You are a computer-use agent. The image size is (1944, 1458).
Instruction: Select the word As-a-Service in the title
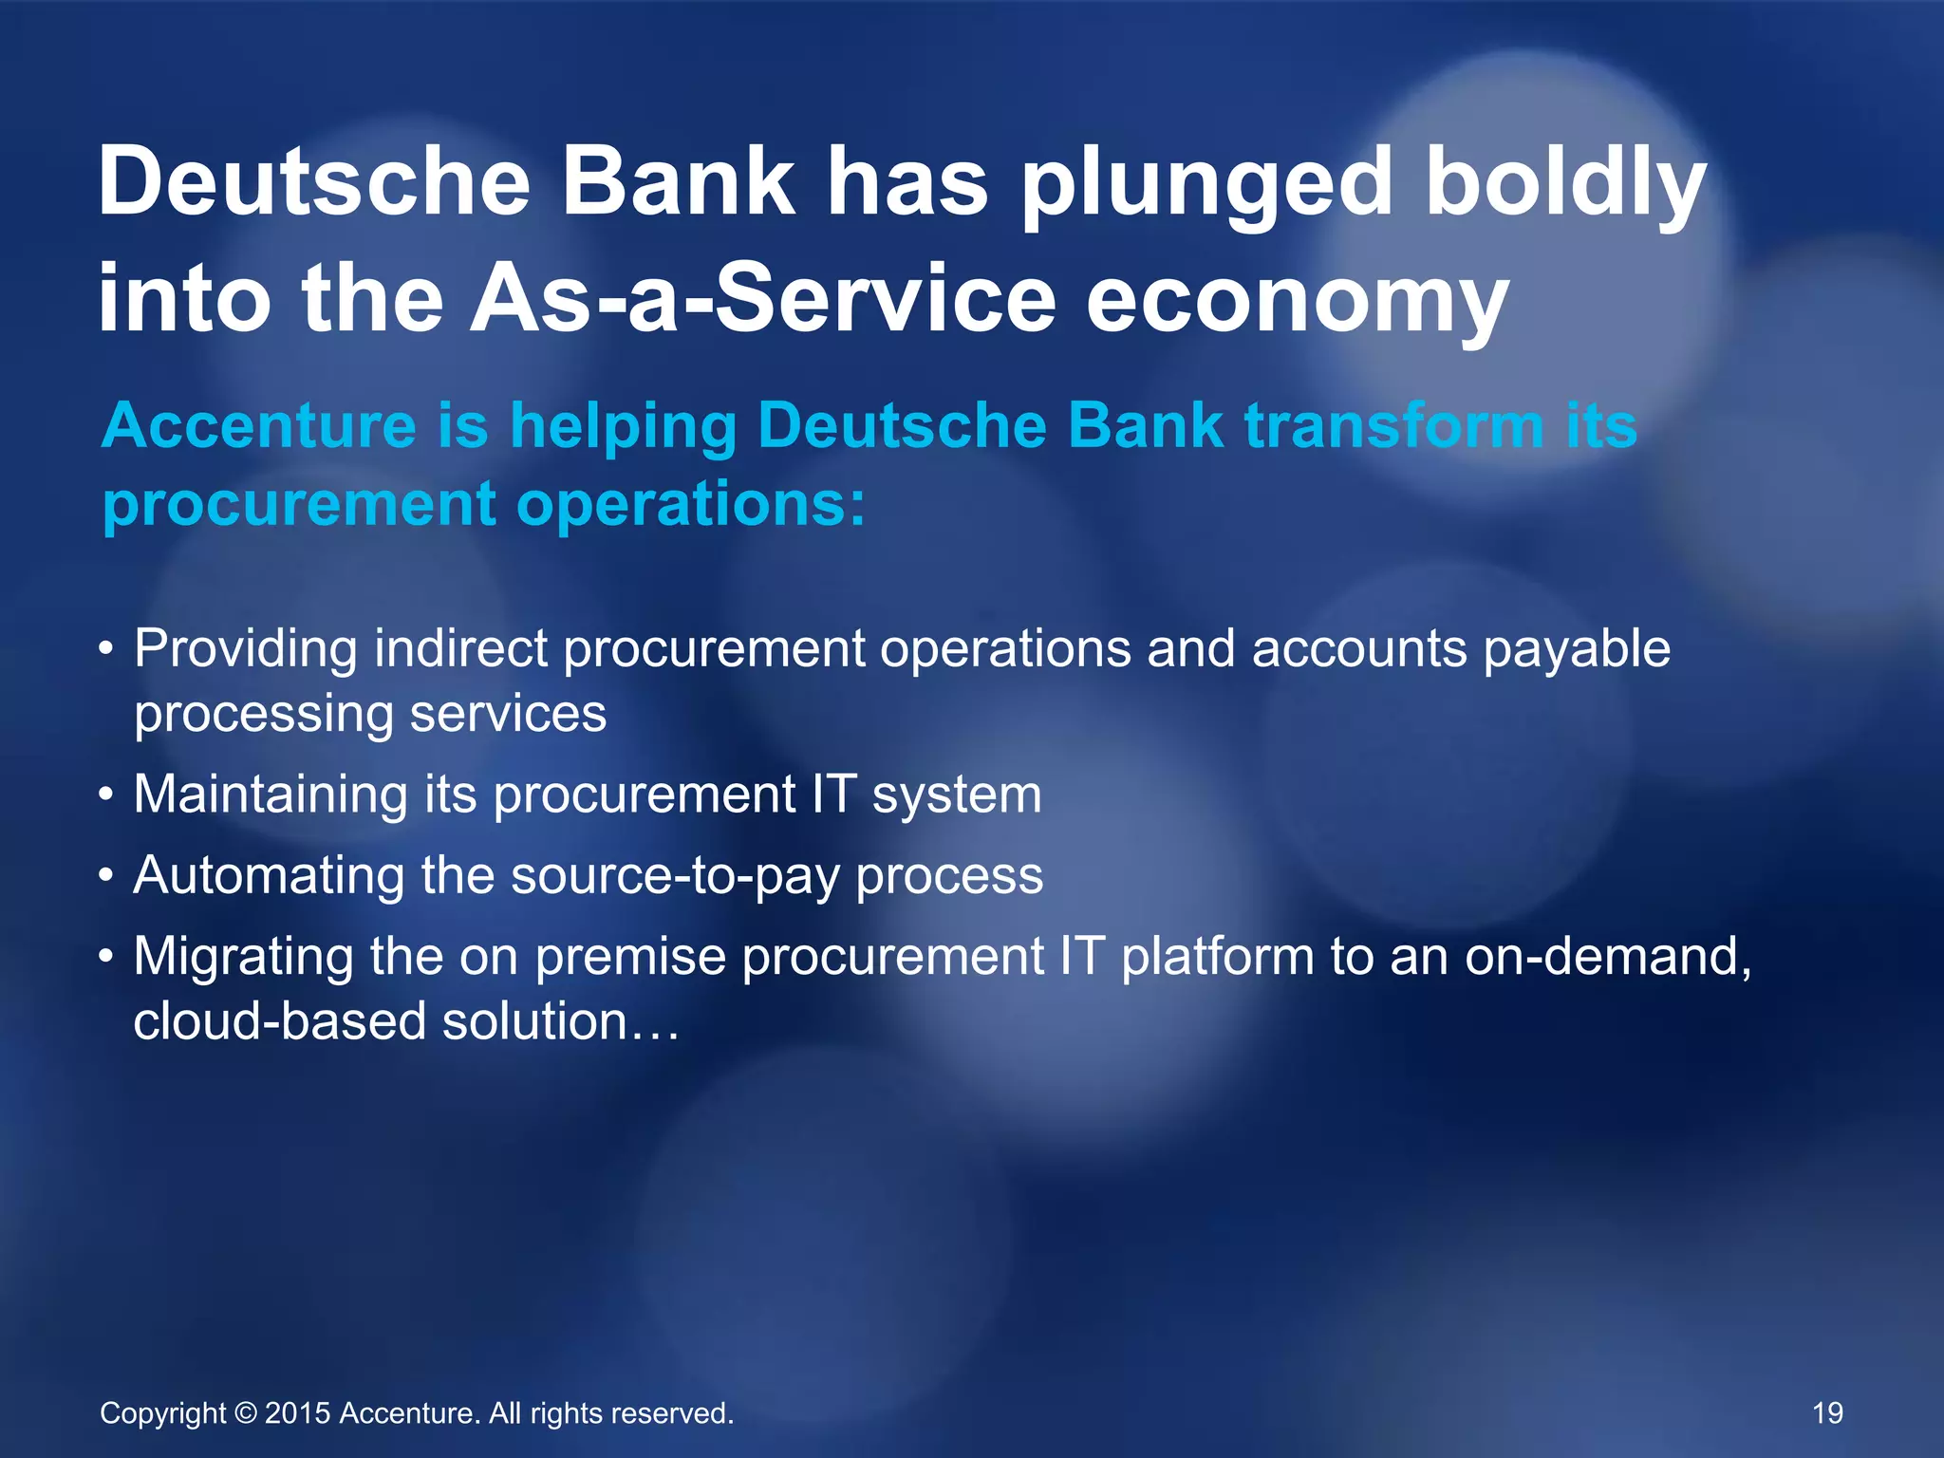763,300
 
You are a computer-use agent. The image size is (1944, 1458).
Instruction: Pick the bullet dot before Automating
107,876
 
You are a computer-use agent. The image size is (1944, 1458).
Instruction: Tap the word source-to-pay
674,876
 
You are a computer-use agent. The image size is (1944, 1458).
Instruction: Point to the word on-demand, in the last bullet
1608,957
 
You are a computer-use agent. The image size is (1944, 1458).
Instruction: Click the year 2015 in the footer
297,1413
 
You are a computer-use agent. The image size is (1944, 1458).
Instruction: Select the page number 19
1827,1413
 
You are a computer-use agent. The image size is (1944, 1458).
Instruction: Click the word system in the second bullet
957,795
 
